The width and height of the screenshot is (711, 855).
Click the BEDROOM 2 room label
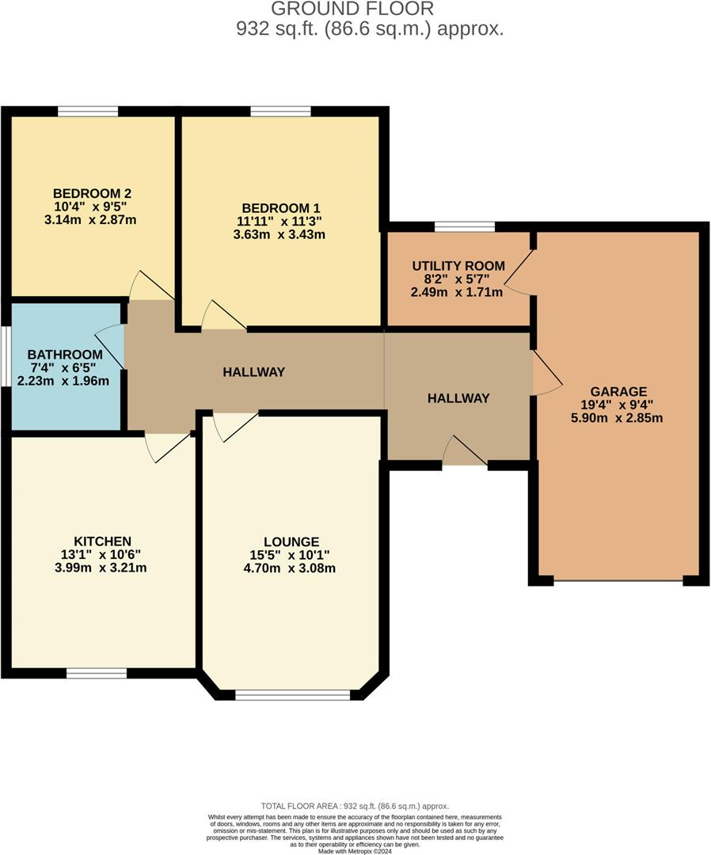[92, 193]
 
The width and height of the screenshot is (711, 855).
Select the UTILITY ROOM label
[457, 265]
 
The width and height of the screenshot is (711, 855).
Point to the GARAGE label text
[618, 391]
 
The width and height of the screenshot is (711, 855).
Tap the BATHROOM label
[65, 354]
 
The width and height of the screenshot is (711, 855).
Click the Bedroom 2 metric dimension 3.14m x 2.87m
[92, 219]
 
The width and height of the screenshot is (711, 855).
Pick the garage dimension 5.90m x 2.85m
[618, 417]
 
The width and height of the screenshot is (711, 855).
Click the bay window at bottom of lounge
[293, 695]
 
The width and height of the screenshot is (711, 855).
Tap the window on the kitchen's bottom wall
[96, 673]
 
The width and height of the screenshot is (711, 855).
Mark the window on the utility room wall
[465, 227]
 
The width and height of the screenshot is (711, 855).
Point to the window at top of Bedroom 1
[280, 111]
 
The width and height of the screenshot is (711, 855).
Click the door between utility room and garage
[519, 273]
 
